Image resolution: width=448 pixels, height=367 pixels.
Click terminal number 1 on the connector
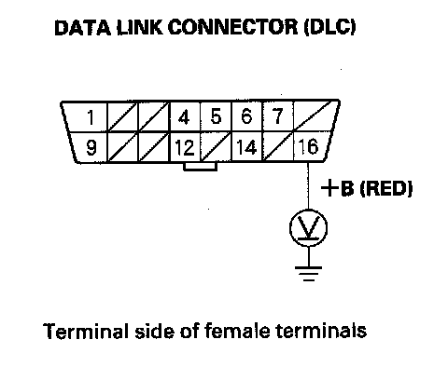pyautogui.click(x=91, y=117)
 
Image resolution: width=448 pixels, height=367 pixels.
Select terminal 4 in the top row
pyautogui.click(x=184, y=117)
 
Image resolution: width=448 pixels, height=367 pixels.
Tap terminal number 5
pyautogui.click(x=216, y=116)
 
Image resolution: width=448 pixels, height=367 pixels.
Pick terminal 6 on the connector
pyautogui.click(x=246, y=116)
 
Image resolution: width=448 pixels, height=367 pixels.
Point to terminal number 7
pyautogui.click(x=277, y=116)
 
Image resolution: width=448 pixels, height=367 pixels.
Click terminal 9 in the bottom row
pyautogui.click(x=91, y=147)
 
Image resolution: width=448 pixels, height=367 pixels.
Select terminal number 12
pyautogui.click(x=185, y=147)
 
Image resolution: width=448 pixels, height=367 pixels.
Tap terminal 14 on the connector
pyautogui.click(x=246, y=147)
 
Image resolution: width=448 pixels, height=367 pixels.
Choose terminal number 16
pyautogui.click(x=308, y=146)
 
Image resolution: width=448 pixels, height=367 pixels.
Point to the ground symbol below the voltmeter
pyautogui.click(x=308, y=273)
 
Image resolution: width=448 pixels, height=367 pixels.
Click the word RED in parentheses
pyautogui.click(x=386, y=188)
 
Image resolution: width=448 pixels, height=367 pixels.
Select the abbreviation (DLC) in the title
pyautogui.click(x=330, y=27)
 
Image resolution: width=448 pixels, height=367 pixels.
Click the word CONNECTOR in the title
pyautogui.click(x=233, y=27)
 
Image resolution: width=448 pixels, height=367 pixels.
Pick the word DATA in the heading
pyautogui.click(x=82, y=27)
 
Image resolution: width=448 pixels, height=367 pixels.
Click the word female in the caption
pyautogui.click(x=237, y=331)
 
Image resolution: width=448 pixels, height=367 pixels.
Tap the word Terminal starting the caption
pyautogui.click(x=86, y=331)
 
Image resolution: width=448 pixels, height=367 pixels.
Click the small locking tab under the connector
pyautogui.click(x=200, y=167)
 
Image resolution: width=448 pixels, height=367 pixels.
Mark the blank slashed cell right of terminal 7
pyautogui.click(x=315, y=116)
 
